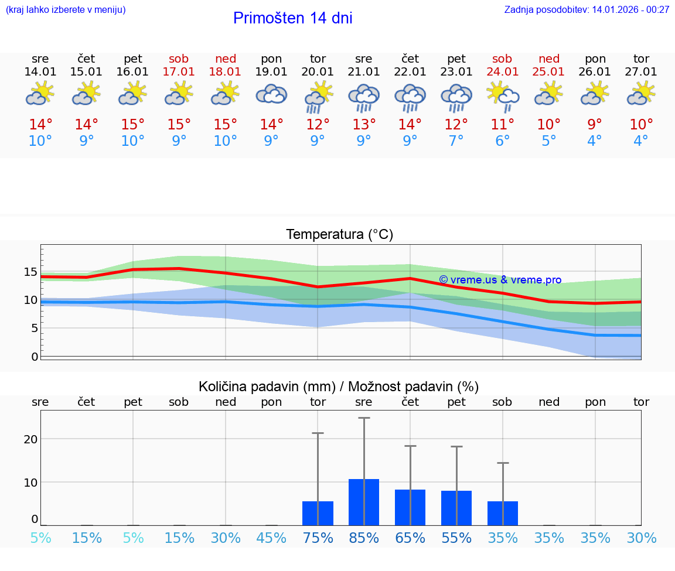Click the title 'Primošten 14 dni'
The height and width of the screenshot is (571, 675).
[x=292, y=18]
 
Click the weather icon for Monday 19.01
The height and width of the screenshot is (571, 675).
[x=271, y=94]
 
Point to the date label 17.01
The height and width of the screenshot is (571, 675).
[x=179, y=71]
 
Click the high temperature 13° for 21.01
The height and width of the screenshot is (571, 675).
[x=364, y=125]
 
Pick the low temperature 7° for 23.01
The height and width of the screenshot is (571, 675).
[x=456, y=141]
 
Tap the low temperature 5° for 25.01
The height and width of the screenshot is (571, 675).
[x=548, y=141]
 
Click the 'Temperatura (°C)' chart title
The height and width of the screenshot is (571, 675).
[x=339, y=235]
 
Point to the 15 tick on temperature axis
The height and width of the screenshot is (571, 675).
[x=30, y=272]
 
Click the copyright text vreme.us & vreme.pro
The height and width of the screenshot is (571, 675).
[x=500, y=280]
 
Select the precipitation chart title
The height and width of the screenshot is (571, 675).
[x=339, y=387]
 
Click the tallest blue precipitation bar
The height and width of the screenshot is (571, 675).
[x=364, y=502]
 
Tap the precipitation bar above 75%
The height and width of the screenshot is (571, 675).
[x=318, y=513]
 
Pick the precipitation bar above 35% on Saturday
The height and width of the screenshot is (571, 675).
[x=502, y=513]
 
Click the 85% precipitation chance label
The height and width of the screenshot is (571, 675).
[x=364, y=538]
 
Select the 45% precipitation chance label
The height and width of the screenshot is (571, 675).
[x=271, y=538]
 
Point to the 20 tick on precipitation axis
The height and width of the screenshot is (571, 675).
[x=30, y=439]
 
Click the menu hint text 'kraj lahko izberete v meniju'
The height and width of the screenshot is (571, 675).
[x=65, y=9]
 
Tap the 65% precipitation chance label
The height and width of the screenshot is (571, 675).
[x=410, y=538]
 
